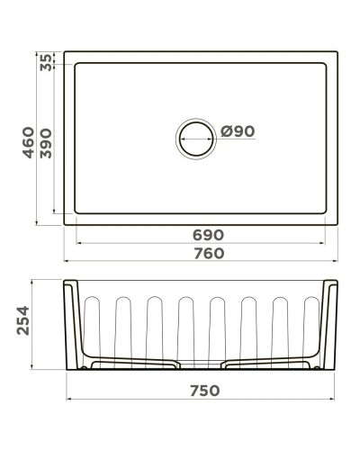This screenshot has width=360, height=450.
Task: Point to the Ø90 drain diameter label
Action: pyautogui.click(x=238, y=131)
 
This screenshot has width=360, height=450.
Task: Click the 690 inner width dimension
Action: pyautogui.click(x=208, y=235)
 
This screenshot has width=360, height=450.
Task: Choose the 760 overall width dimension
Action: pyautogui.click(x=208, y=254)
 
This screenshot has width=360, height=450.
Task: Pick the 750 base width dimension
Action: pyautogui.click(x=208, y=391)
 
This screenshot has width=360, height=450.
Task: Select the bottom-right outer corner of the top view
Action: pyautogui.click(x=334, y=225)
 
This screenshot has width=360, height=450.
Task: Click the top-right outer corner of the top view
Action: pyautogui.click(x=334, y=52)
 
